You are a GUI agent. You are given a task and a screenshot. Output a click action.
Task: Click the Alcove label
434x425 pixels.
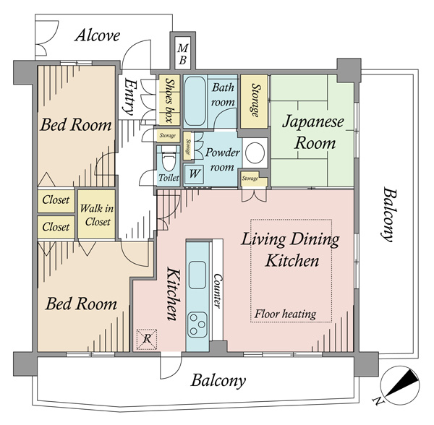click(98, 35)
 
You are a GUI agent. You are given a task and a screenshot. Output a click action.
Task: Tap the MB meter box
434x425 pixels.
click(183, 53)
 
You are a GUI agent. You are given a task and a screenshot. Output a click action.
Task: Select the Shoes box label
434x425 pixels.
click(169, 100)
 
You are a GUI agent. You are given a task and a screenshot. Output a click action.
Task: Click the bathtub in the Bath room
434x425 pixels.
click(195, 101)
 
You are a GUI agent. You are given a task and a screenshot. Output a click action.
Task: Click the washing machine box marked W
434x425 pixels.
click(194, 174)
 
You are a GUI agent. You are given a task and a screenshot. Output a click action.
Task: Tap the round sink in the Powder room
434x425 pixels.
click(255, 153)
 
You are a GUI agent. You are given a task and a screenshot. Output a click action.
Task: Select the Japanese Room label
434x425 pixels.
click(314, 132)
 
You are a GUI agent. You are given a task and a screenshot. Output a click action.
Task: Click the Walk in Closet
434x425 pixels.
click(97, 214)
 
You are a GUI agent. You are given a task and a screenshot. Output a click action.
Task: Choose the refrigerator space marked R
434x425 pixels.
click(147, 339)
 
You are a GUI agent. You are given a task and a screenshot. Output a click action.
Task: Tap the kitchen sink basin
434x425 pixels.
click(197, 275)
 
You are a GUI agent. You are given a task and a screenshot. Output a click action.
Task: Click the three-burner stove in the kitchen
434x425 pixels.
click(197, 325)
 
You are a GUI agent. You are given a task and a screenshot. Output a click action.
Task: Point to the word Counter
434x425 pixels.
click(217, 291)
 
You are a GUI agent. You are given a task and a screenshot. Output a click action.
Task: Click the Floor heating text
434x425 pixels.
click(285, 314)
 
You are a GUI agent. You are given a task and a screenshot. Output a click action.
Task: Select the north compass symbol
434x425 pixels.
click(399, 385)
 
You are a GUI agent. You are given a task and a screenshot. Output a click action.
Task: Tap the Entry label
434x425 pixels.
click(129, 97)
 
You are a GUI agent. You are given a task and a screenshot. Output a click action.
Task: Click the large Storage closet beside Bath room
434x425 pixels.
click(254, 101)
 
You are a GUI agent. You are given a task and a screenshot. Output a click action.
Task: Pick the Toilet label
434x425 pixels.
click(169, 178)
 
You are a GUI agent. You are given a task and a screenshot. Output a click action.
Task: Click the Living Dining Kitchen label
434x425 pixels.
click(291, 250)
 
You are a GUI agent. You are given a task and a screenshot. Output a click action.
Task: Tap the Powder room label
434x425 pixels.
click(222, 160)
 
